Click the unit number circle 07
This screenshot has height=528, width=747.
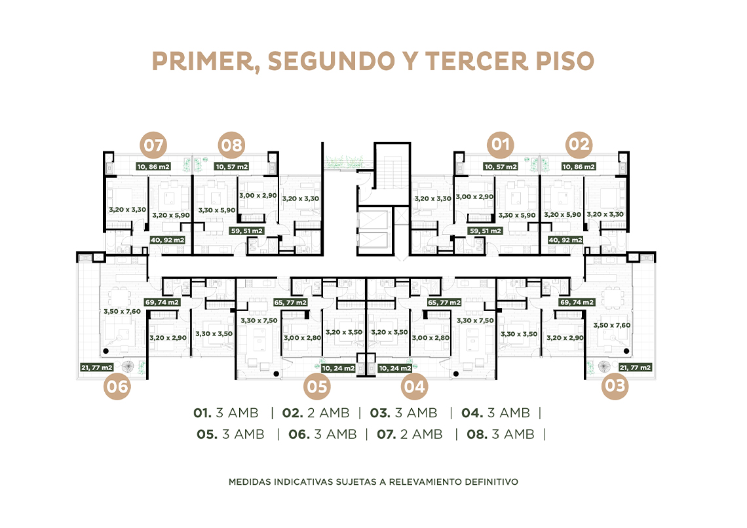point(153,145)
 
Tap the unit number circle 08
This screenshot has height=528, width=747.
point(231,145)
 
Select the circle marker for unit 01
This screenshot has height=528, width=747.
point(500,144)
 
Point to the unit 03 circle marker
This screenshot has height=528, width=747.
point(615,386)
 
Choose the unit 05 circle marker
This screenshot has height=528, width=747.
point(317,386)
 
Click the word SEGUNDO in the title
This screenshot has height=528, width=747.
point(331,61)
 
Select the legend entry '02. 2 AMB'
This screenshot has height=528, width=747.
point(315,413)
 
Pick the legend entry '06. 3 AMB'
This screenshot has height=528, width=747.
point(322,434)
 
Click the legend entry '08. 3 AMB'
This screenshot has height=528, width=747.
point(500,434)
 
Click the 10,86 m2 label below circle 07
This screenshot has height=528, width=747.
point(153,166)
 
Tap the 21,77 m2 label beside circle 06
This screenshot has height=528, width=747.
point(97,368)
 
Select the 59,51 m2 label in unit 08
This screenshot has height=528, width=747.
point(247,231)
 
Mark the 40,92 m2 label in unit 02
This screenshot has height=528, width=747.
point(565,240)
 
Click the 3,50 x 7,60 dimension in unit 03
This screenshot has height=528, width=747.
point(612,325)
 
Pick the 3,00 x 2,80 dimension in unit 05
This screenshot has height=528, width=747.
point(302,338)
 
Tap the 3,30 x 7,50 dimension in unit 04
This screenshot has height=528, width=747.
point(475,320)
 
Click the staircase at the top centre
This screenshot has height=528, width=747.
point(392,166)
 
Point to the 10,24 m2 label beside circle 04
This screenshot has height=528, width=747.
point(395,368)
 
